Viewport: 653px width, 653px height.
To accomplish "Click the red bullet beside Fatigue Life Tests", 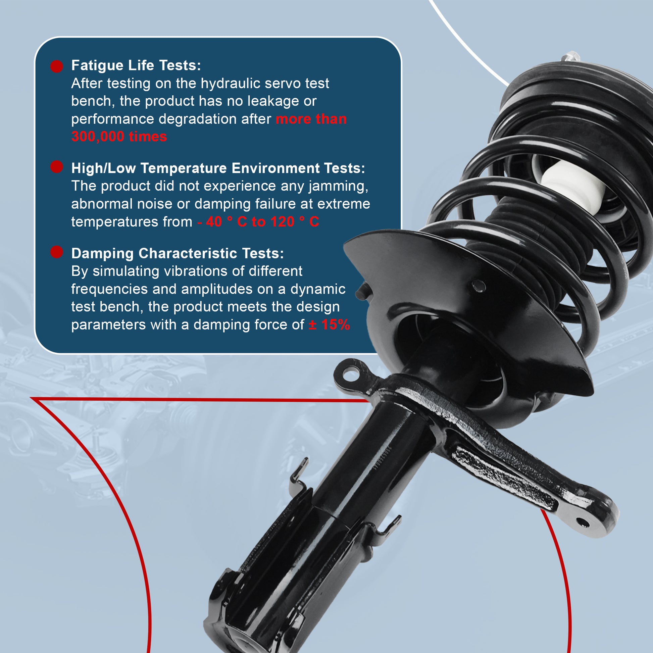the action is click(x=57, y=66).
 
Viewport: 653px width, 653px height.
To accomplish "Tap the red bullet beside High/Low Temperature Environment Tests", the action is click(x=57, y=167).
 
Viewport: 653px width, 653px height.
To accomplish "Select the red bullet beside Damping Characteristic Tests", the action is click(x=57, y=252).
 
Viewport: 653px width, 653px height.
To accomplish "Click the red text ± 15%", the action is click(x=329, y=325).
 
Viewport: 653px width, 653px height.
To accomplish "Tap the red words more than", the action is click(x=311, y=119).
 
